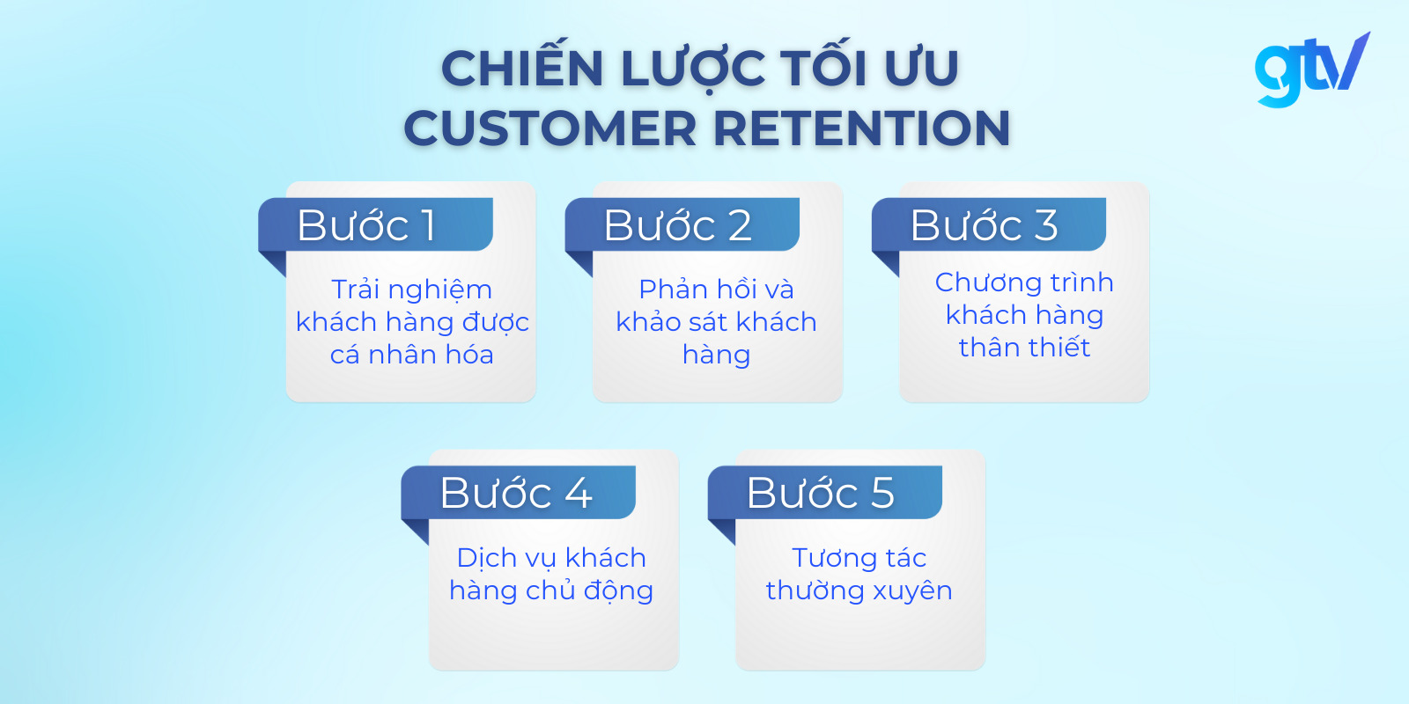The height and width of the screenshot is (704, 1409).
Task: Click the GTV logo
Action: [x=1311, y=69]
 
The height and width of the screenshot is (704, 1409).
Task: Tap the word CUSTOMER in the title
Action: [x=550, y=128]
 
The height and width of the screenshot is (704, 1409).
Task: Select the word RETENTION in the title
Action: [x=861, y=128]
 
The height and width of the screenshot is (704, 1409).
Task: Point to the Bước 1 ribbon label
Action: [x=366, y=225]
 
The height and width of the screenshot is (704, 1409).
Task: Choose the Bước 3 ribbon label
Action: [x=983, y=225]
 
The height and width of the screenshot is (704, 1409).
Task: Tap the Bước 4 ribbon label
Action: [x=515, y=493]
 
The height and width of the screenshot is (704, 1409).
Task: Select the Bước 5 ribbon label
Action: [x=820, y=493]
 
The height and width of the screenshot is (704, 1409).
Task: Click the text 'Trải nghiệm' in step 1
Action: [x=411, y=290]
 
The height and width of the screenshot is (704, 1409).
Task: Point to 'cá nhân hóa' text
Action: [x=411, y=355]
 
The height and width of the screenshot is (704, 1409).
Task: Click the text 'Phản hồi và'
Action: [x=716, y=290]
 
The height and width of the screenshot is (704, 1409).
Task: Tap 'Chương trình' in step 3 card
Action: [x=1024, y=282]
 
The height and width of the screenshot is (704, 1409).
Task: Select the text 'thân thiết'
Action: [x=1024, y=348]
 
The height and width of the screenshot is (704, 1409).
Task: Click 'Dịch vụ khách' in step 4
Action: [x=551, y=558]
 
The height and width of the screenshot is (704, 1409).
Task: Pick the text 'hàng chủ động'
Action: [x=551, y=590]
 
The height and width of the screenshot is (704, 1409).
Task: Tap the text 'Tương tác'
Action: [x=859, y=558]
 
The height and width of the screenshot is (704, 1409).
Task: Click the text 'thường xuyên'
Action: [x=859, y=590]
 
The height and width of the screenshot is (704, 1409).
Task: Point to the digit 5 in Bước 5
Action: [x=882, y=493]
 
